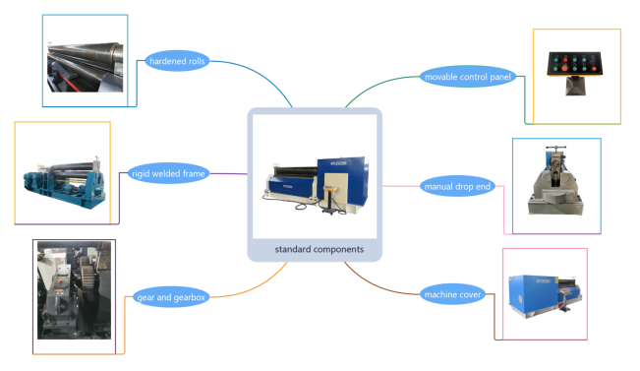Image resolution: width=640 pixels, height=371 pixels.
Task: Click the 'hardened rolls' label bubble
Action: [x=177, y=61]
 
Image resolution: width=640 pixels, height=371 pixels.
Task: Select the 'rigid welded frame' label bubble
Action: [x=168, y=173]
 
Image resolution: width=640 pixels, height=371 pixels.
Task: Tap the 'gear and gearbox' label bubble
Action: [x=171, y=297]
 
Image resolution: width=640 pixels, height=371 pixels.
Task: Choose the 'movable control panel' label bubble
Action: [x=468, y=77]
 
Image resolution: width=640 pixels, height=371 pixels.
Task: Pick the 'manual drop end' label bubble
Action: [x=457, y=186]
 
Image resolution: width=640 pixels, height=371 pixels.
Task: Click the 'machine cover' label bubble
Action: [x=452, y=294]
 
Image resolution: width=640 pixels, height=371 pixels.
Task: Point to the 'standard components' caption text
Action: [x=320, y=249]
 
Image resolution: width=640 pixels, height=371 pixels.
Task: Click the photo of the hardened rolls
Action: [x=85, y=67]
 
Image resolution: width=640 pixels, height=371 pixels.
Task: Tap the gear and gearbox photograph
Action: [x=74, y=290]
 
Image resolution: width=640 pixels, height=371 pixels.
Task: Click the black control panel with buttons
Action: [x=575, y=64]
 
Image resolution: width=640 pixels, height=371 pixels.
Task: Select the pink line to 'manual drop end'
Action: [x=401, y=186]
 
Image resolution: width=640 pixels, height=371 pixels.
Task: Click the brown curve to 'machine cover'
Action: [x=378, y=285]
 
